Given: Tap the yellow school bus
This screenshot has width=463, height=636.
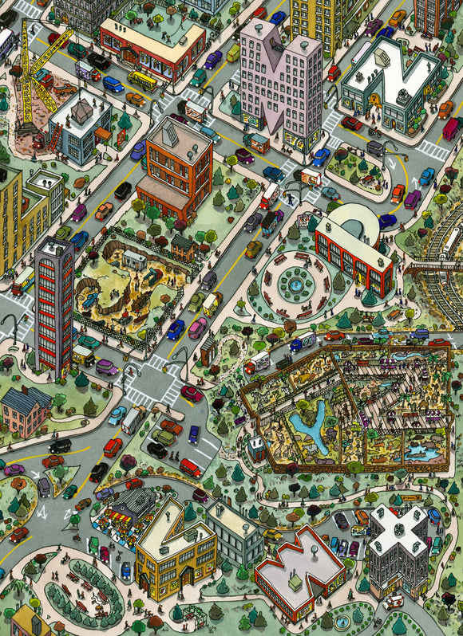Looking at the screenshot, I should point(143,80).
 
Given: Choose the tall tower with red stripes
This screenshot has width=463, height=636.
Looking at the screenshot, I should point(53,303).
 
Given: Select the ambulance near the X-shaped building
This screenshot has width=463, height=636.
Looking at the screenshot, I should point(393,602).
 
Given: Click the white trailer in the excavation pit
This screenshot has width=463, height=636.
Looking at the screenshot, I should point(134,260).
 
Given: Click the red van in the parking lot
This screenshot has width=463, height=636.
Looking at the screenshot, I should point(190,467).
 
